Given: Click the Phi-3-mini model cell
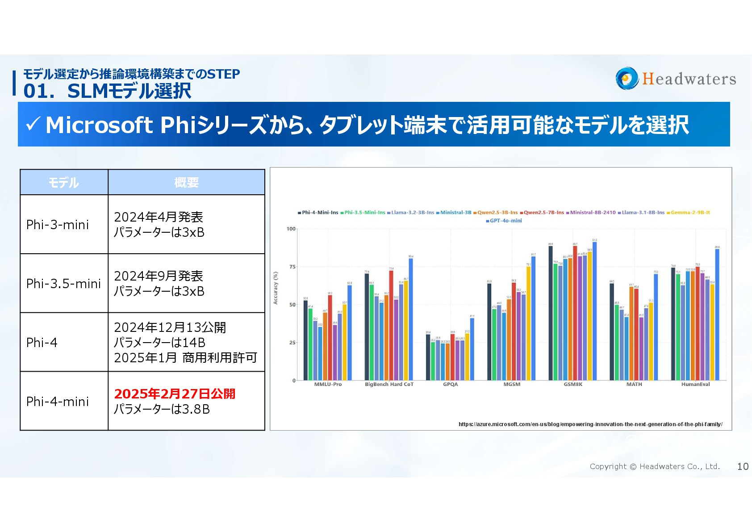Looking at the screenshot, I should [58, 224].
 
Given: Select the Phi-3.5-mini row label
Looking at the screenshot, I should [63, 284].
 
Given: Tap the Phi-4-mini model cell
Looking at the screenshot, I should [58, 402].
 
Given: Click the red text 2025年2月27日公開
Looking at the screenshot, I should [175, 394].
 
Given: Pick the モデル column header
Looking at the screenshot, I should [64, 182].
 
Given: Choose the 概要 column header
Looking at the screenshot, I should [186, 182].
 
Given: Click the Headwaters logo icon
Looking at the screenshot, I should [627, 79].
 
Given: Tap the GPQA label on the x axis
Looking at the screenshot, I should [451, 384].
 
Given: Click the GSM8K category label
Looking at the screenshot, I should [573, 384].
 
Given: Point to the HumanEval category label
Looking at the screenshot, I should [695, 384].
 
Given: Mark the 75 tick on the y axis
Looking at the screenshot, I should [292, 267].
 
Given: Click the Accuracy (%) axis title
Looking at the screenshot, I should [276, 288].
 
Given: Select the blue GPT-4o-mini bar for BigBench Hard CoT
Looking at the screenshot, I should [411, 319].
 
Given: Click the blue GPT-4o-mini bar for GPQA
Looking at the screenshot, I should [472, 349].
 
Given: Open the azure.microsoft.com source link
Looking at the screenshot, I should [590, 424].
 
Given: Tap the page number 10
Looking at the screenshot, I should [743, 466].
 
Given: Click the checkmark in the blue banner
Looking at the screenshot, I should [33, 124].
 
